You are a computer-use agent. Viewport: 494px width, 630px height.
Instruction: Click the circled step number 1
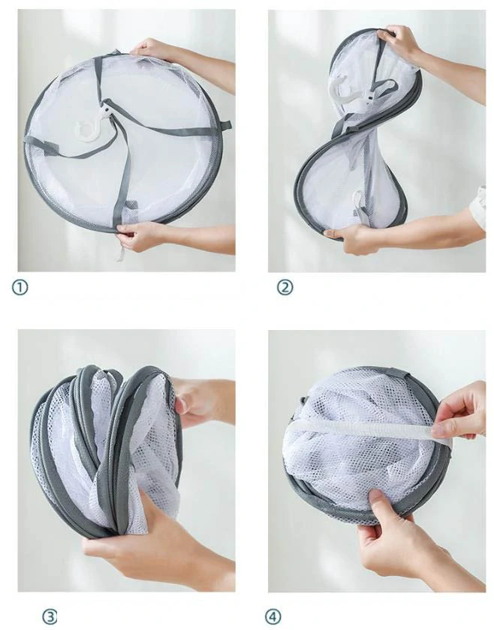20,287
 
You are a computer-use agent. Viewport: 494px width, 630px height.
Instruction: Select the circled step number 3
50,616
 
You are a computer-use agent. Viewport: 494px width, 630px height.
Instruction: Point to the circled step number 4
273,616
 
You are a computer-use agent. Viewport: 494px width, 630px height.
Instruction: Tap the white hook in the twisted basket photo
346,89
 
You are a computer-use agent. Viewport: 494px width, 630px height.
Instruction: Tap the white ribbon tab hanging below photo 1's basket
120,251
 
